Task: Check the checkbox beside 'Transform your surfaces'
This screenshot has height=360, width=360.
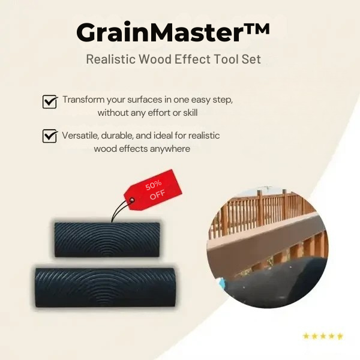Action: pyautogui.click(x=50, y=101)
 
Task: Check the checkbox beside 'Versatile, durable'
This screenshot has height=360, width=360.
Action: pyautogui.click(x=50, y=137)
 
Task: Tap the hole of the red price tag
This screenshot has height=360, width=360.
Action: pyautogui.click(x=133, y=200)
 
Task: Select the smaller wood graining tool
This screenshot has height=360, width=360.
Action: pyautogui.click(x=107, y=239)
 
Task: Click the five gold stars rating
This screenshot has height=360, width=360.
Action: pyautogui.click(x=323, y=336)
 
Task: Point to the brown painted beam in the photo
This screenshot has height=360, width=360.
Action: pyautogui.click(x=264, y=243)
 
